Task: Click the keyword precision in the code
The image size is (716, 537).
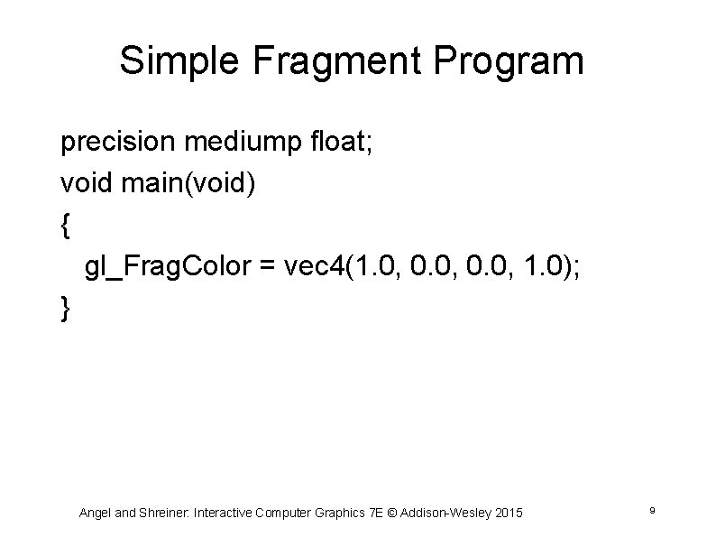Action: (112, 143)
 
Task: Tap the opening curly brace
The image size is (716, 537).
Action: (65, 226)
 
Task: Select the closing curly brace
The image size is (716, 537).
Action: (65, 309)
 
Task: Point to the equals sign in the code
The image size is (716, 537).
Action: (268, 268)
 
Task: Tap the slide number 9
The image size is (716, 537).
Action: (651, 512)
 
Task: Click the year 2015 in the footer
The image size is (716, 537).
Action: (508, 513)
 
